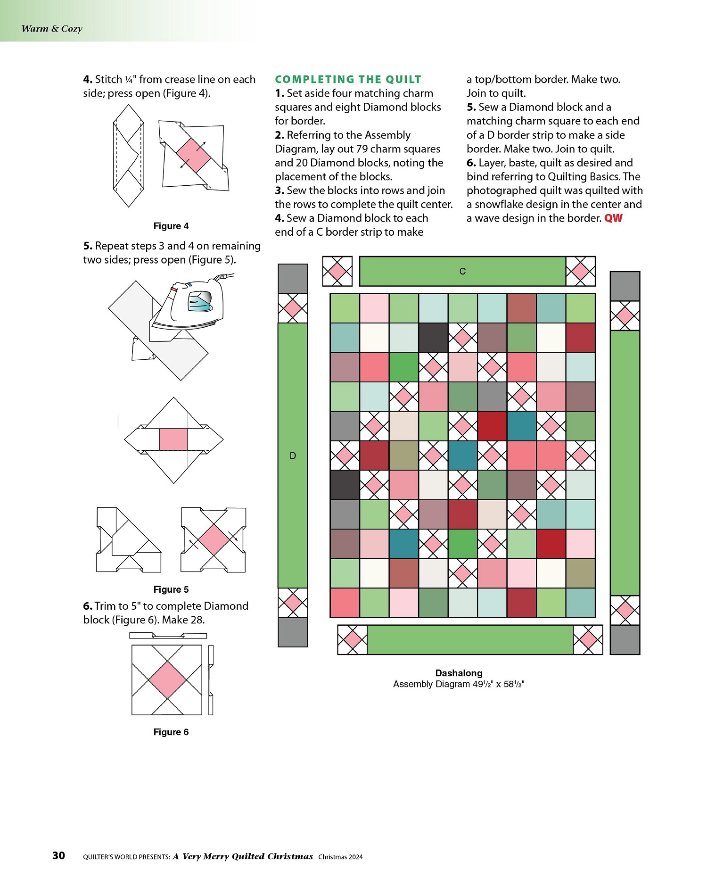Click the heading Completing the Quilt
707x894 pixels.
348,79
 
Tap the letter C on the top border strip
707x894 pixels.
462,271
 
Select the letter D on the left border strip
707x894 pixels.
293,455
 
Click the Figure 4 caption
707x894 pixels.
171,226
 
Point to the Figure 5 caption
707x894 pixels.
171,589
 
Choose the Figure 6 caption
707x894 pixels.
171,732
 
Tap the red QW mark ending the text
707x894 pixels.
613,218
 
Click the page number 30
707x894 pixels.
58,856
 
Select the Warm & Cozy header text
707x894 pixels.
52,29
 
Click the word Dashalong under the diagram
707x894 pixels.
459,673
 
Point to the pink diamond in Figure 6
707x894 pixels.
167,679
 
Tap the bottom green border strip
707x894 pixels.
470,640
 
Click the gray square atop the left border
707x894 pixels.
293,279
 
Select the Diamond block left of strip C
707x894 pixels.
337,271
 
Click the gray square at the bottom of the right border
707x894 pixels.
625,640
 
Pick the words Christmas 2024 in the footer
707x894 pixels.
340,857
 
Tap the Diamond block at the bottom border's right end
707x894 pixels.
588,640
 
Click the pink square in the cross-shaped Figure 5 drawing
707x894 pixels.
173,439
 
